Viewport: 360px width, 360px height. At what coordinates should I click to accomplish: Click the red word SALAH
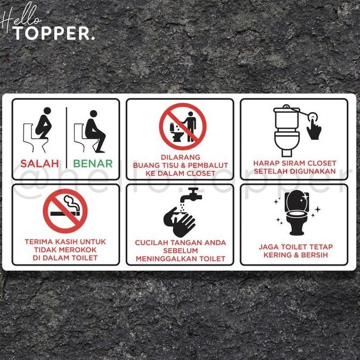40,164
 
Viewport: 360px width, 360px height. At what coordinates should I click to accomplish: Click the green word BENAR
93,164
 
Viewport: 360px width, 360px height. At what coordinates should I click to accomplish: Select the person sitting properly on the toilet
94,131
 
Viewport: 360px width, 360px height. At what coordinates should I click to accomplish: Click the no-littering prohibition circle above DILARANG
182,127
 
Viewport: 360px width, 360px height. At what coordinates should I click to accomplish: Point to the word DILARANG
180,157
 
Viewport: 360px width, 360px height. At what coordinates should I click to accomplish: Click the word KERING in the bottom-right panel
277,255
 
